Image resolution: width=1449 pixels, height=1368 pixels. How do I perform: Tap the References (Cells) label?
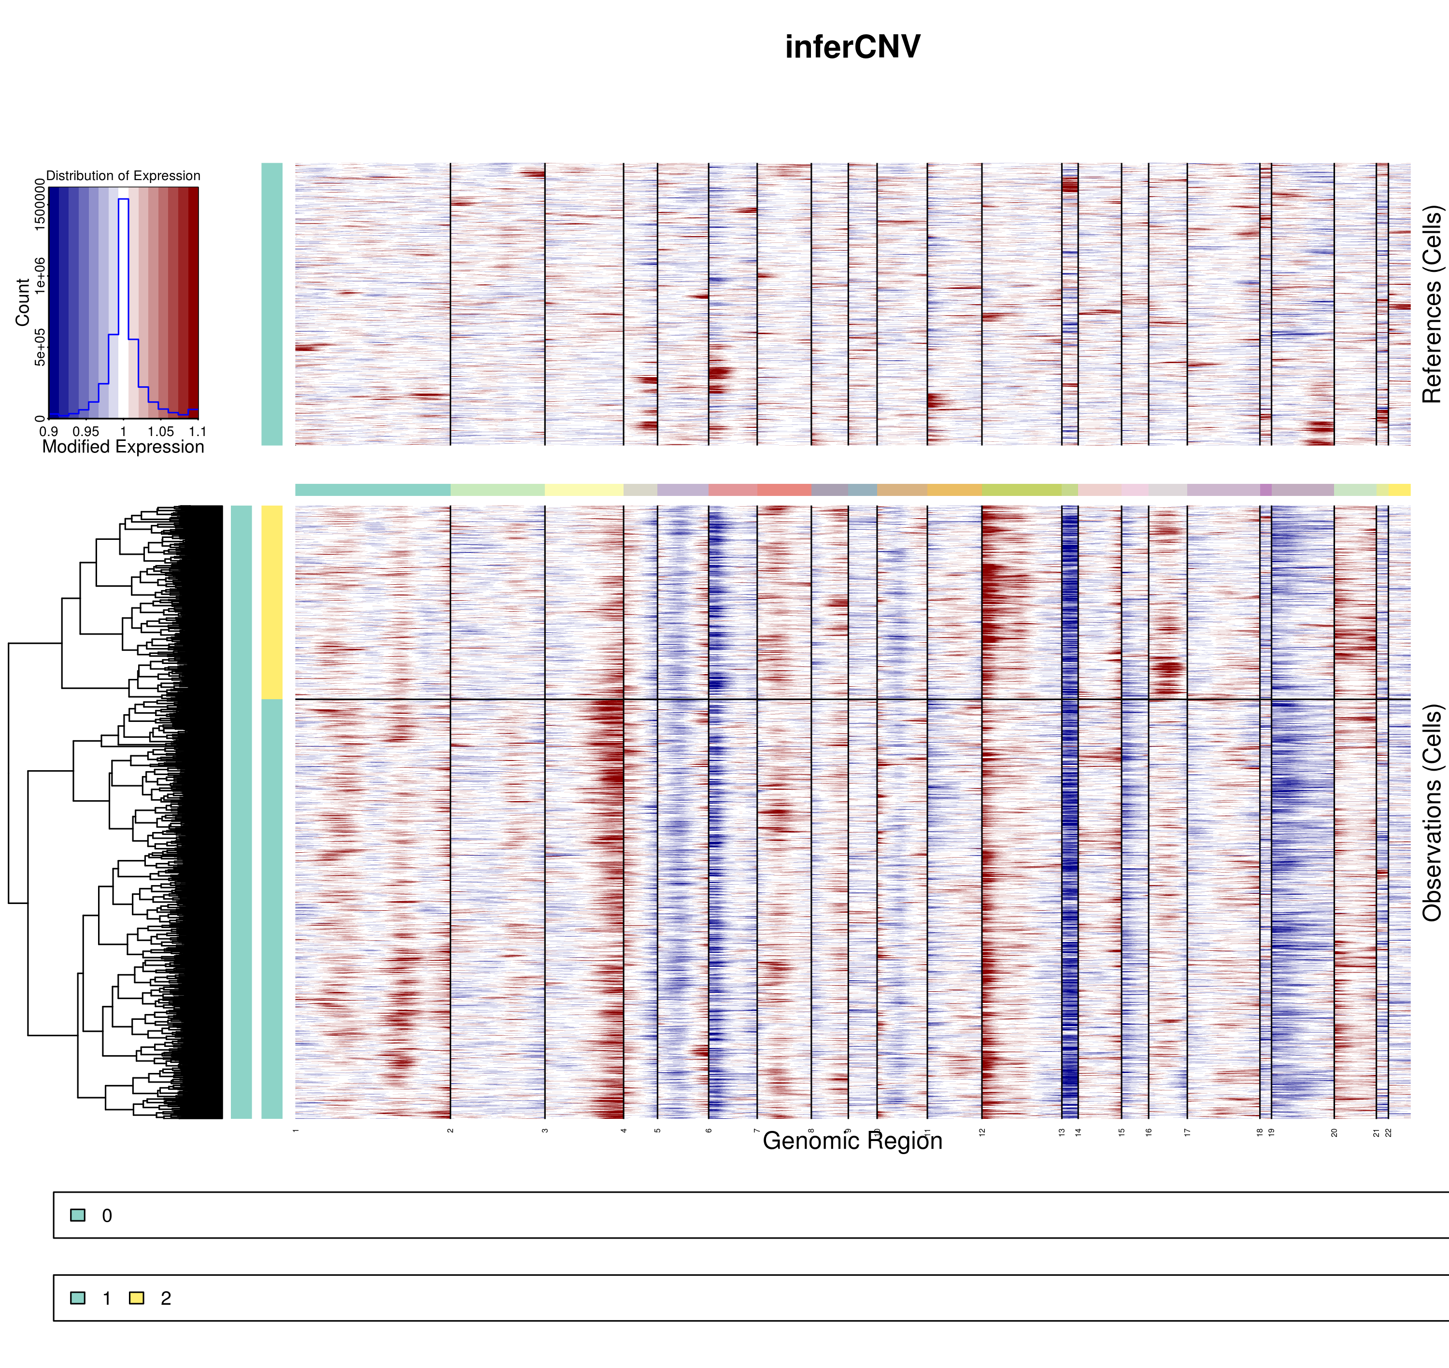point(1432,304)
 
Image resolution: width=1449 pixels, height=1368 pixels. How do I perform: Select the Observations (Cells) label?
point(1432,812)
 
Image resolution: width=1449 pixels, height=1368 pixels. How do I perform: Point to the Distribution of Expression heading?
point(123,176)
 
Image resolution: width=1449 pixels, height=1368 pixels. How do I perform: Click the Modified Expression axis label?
point(123,447)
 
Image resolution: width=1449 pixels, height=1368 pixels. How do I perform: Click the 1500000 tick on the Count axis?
point(40,206)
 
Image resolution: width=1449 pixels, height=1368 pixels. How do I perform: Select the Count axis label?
point(23,302)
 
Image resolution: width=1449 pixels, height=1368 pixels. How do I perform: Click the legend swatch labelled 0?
point(77,1215)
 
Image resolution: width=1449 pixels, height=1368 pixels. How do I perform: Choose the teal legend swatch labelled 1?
point(77,1298)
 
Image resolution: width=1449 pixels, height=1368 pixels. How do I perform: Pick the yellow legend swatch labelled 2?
point(136,1298)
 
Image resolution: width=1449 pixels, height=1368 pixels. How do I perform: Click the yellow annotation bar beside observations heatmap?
point(271,602)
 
